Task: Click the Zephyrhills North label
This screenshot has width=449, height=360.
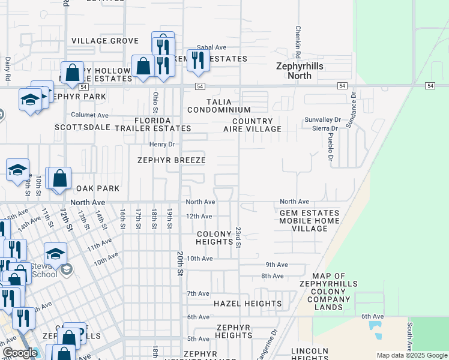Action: point(294,71)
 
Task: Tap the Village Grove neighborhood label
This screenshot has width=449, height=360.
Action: point(105,41)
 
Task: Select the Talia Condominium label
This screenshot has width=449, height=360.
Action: point(218,106)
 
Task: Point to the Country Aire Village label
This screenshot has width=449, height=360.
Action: point(252,125)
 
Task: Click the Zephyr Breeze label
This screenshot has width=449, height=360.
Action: point(171,160)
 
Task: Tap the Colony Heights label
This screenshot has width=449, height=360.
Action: point(214,238)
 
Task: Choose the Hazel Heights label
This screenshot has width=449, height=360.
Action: point(248,304)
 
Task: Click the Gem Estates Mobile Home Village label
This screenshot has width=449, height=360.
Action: point(309,221)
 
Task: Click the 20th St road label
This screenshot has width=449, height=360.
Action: point(179,263)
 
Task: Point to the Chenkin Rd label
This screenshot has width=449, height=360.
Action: point(297,38)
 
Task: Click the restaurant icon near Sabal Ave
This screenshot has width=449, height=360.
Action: point(197,60)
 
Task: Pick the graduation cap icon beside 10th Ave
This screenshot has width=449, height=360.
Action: point(55,254)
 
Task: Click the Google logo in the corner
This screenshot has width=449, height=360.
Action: point(20,353)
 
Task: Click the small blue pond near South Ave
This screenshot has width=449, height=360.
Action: point(376,328)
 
